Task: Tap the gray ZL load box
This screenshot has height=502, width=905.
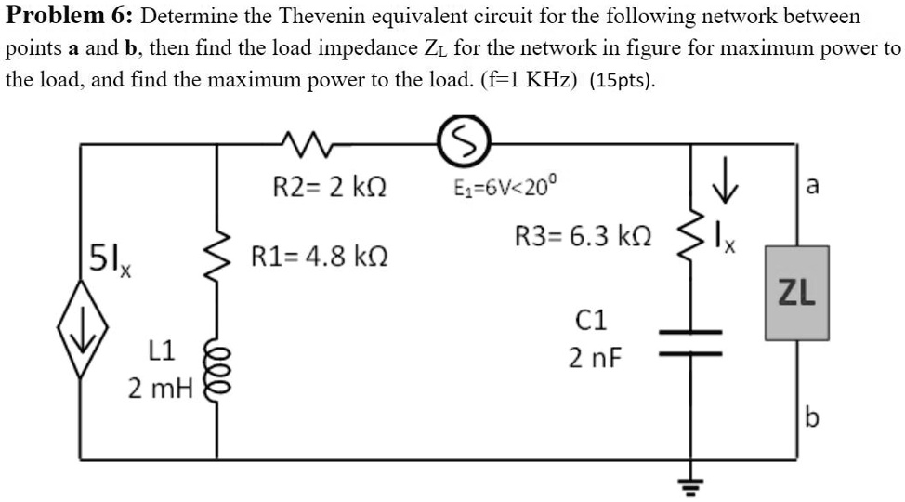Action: tap(796, 293)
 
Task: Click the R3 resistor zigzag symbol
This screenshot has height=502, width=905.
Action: tap(690, 240)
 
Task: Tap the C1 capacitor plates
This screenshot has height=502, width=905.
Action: tap(690, 343)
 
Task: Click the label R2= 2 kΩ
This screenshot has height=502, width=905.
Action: tap(330, 187)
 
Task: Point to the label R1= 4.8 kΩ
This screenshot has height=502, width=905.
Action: tap(317, 256)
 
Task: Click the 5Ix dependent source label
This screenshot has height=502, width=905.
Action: tap(108, 256)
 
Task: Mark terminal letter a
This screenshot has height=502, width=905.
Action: tap(812, 187)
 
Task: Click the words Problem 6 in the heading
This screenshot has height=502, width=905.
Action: tap(70, 17)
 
